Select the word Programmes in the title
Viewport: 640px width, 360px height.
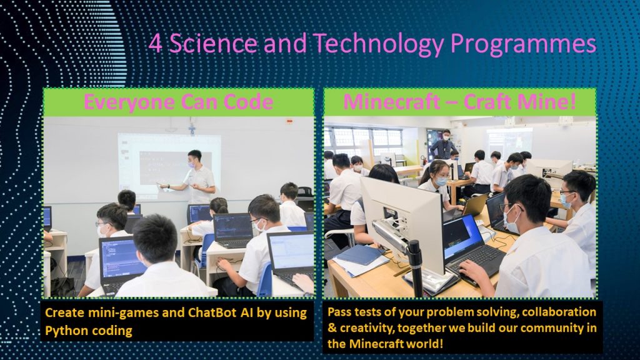point(524,45)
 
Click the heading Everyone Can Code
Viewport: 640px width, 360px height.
point(178,102)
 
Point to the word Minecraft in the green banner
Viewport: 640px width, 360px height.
point(391,102)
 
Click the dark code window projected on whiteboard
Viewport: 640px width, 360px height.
point(175,167)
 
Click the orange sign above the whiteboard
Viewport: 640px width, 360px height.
point(289,121)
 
